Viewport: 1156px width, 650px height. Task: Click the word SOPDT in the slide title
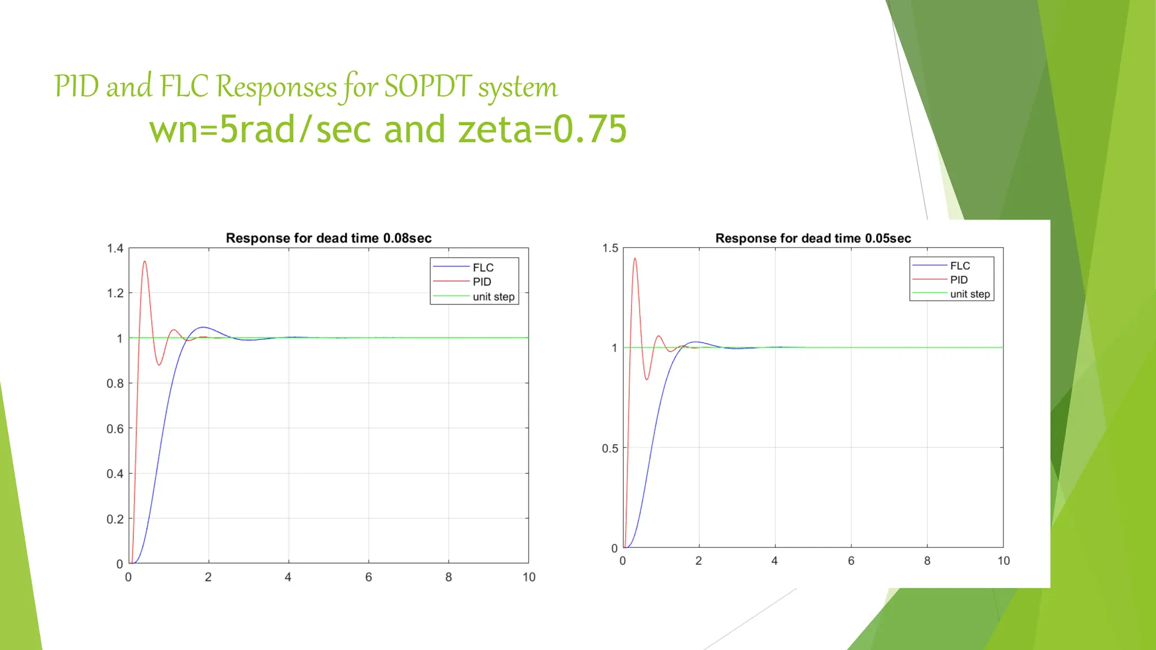coord(428,87)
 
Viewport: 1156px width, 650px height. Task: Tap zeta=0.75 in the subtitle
coord(542,129)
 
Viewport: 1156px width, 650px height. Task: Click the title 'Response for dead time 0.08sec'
coord(329,238)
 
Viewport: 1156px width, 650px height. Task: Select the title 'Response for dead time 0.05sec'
coord(813,238)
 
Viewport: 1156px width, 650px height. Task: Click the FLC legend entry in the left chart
coord(483,267)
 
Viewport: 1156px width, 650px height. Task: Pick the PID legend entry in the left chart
coord(481,282)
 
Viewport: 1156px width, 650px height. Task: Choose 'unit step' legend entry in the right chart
coord(969,294)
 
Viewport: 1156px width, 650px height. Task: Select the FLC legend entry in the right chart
coord(960,266)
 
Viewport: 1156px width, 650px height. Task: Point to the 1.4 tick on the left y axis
coord(115,248)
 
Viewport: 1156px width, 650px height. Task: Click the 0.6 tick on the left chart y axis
coord(115,429)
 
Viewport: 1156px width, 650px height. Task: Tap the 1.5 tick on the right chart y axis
coord(610,248)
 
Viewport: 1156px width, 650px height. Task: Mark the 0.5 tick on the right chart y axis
coord(610,449)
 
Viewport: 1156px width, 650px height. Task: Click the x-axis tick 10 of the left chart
coord(529,577)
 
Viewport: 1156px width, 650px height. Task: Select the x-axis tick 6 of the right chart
coord(851,561)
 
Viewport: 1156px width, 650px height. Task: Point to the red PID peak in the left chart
coord(145,262)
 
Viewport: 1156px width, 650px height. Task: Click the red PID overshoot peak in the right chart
coord(635,259)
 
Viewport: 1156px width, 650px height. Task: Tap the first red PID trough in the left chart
coord(159,364)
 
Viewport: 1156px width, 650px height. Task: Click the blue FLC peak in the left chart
coord(203,327)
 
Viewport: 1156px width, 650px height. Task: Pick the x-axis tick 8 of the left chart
coord(449,577)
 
